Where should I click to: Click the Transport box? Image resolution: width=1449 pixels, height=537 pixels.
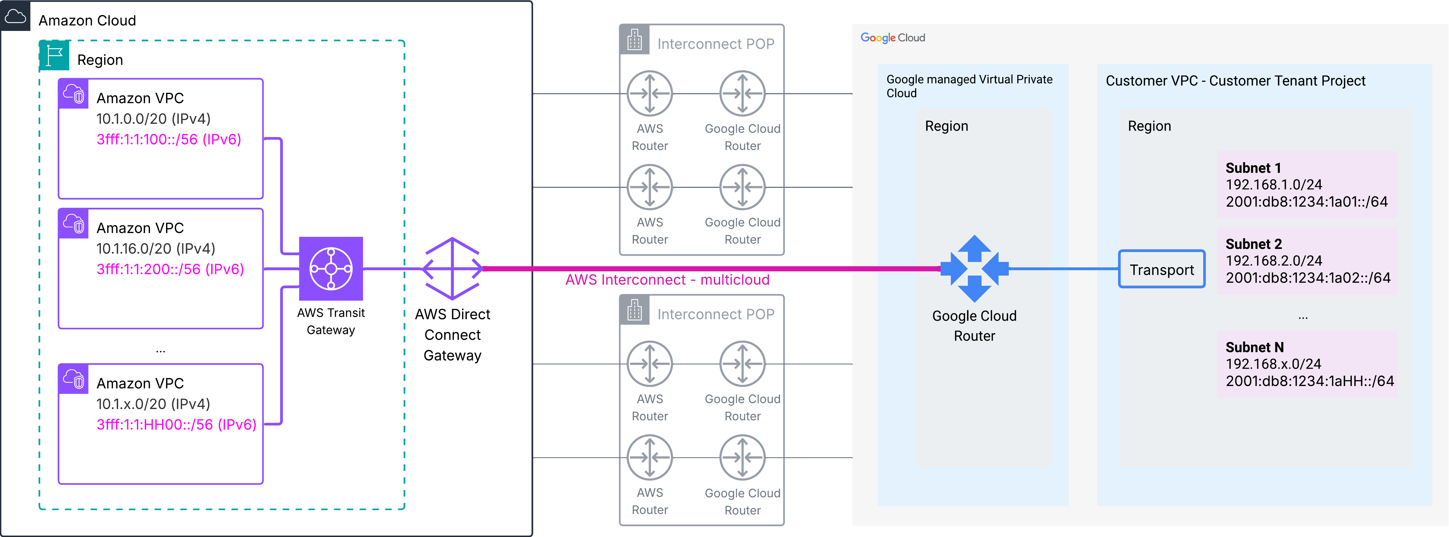pyautogui.click(x=1161, y=269)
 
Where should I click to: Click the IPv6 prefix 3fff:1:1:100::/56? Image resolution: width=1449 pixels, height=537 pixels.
pyautogui.click(x=169, y=139)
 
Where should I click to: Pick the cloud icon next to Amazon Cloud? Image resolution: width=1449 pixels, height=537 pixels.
pyautogui.click(x=15, y=16)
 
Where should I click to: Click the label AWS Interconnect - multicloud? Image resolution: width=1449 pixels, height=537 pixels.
pyautogui.click(x=667, y=280)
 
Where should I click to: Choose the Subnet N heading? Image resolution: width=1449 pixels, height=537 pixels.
pyautogui.click(x=1254, y=347)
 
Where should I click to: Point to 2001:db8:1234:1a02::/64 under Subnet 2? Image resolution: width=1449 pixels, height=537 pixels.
pyautogui.click(x=1308, y=278)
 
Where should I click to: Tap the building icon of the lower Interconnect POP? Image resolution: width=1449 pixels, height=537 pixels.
pyautogui.click(x=634, y=310)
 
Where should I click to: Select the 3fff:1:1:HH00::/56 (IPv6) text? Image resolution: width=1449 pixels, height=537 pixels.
pyautogui.click(x=176, y=425)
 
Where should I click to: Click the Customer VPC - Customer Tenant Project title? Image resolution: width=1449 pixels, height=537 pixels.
pyautogui.click(x=1235, y=81)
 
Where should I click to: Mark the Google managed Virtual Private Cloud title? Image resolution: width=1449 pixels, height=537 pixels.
pyautogui.click(x=969, y=86)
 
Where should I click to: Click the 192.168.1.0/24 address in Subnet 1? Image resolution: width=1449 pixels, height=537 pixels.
pyautogui.click(x=1274, y=185)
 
